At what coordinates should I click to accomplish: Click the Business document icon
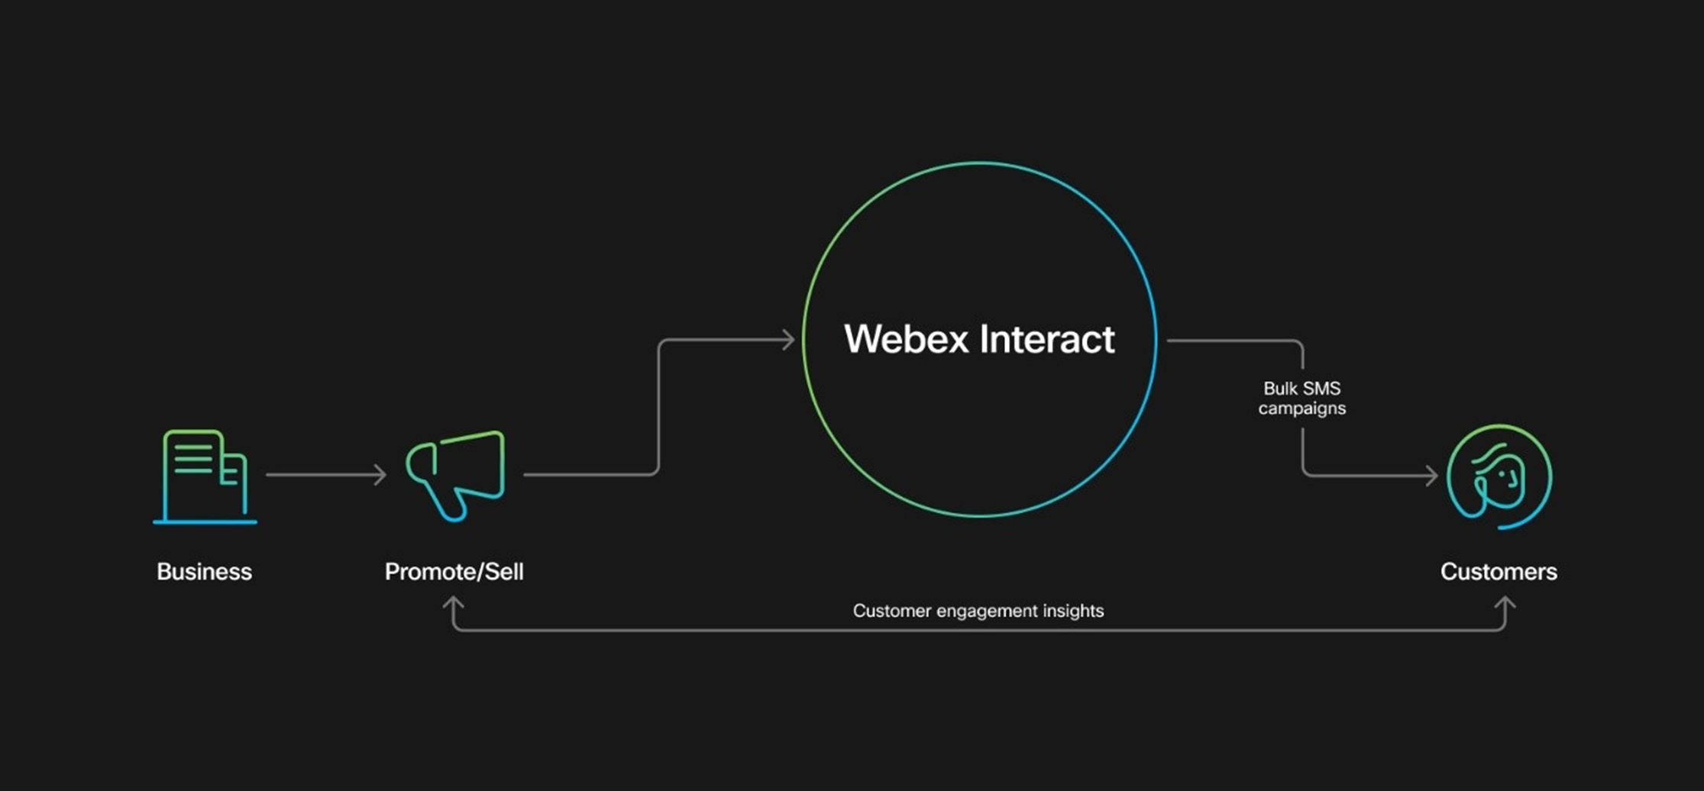pyautogui.click(x=205, y=476)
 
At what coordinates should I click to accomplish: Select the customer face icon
pyautogui.click(x=1499, y=476)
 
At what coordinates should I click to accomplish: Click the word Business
pyautogui.click(x=204, y=572)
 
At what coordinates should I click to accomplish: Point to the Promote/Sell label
pyautogui.click(x=454, y=572)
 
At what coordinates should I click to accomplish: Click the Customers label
pyautogui.click(x=1498, y=572)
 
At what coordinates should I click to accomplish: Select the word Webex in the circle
pyautogui.click(x=906, y=339)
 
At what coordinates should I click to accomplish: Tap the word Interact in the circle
pyautogui.click(x=1047, y=339)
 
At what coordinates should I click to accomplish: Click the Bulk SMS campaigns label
pyautogui.click(x=1301, y=399)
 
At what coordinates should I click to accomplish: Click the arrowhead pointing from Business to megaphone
pyautogui.click(x=380, y=475)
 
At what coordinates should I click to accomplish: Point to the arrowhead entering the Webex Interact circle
pyautogui.click(x=788, y=340)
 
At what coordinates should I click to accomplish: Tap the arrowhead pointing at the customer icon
pyautogui.click(x=1431, y=476)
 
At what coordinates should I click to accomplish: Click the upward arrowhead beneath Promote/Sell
pyautogui.click(x=454, y=604)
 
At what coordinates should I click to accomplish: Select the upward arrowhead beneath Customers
pyautogui.click(x=1505, y=604)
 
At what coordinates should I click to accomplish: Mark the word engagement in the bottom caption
pyautogui.click(x=985, y=612)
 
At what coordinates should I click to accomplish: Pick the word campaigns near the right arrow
pyautogui.click(x=1301, y=408)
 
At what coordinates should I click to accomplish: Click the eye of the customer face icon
pyautogui.click(x=1502, y=474)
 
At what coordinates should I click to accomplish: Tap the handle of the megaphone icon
pyautogui.click(x=449, y=504)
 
